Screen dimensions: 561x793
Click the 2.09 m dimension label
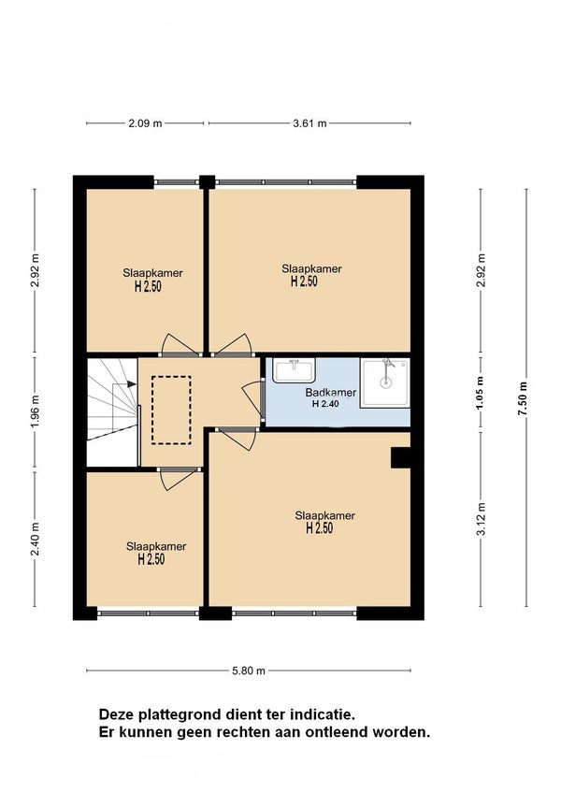(x=145, y=123)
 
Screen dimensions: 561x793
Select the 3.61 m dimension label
(x=309, y=123)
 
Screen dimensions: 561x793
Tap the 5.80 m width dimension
(x=249, y=670)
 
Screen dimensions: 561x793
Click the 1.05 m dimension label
(x=482, y=393)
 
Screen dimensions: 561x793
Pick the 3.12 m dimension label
(x=482, y=519)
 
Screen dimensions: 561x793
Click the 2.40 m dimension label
(x=35, y=540)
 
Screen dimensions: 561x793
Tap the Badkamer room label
(x=330, y=393)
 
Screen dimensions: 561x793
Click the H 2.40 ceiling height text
(x=325, y=404)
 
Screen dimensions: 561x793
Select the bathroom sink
(x=294, y=370)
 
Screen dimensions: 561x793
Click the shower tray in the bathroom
(x=385, y=382)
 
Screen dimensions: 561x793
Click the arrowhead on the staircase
(x=132, y=383)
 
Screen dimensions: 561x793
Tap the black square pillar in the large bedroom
(x=400, y=457)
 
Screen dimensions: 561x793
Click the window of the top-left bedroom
(x=177, y=182)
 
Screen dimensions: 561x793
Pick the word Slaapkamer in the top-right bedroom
(x=311, y=268)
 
